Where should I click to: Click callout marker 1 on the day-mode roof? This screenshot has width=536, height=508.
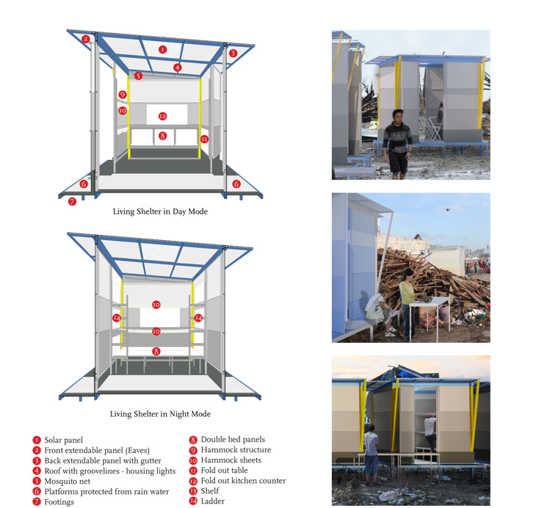163,50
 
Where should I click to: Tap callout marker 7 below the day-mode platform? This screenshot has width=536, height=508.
72,202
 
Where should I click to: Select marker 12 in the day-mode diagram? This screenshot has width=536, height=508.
163,116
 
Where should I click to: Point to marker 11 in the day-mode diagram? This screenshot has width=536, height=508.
204,139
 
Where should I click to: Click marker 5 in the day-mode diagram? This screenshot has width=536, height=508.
138,76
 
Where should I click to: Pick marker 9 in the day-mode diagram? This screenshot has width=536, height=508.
123,95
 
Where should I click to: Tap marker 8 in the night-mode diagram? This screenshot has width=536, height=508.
156,351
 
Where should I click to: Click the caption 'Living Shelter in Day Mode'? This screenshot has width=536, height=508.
160,211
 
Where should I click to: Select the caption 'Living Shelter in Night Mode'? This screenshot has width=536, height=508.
160,414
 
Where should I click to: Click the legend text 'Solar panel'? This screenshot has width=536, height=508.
64,440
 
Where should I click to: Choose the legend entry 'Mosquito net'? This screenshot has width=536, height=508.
68,482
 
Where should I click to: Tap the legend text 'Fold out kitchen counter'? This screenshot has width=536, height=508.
243,481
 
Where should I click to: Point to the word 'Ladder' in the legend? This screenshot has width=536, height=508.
213,501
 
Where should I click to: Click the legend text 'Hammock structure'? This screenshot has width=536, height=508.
236,449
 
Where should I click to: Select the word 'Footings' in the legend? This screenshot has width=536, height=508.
59,502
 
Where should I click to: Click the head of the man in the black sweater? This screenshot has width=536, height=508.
398,116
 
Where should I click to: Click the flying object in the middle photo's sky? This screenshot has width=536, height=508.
449,208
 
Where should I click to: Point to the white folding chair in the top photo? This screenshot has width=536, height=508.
433,129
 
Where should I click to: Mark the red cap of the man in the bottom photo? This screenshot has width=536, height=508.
432,416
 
